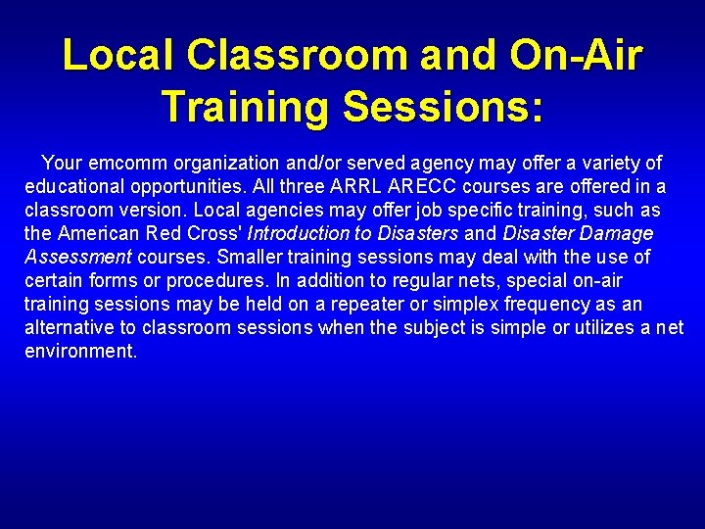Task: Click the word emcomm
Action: pyautogui.click(x=125, y=163)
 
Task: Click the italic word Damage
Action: pyautogui.click(x=616, y=233)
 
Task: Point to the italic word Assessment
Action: pyautogui.click(x=78, y=257)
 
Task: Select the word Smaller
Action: pyautogui.click(x=251, y=257)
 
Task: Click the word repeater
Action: pyautogui.click(x=353, y=304)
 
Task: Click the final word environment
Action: pyautogui.click(x=80, y=351)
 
